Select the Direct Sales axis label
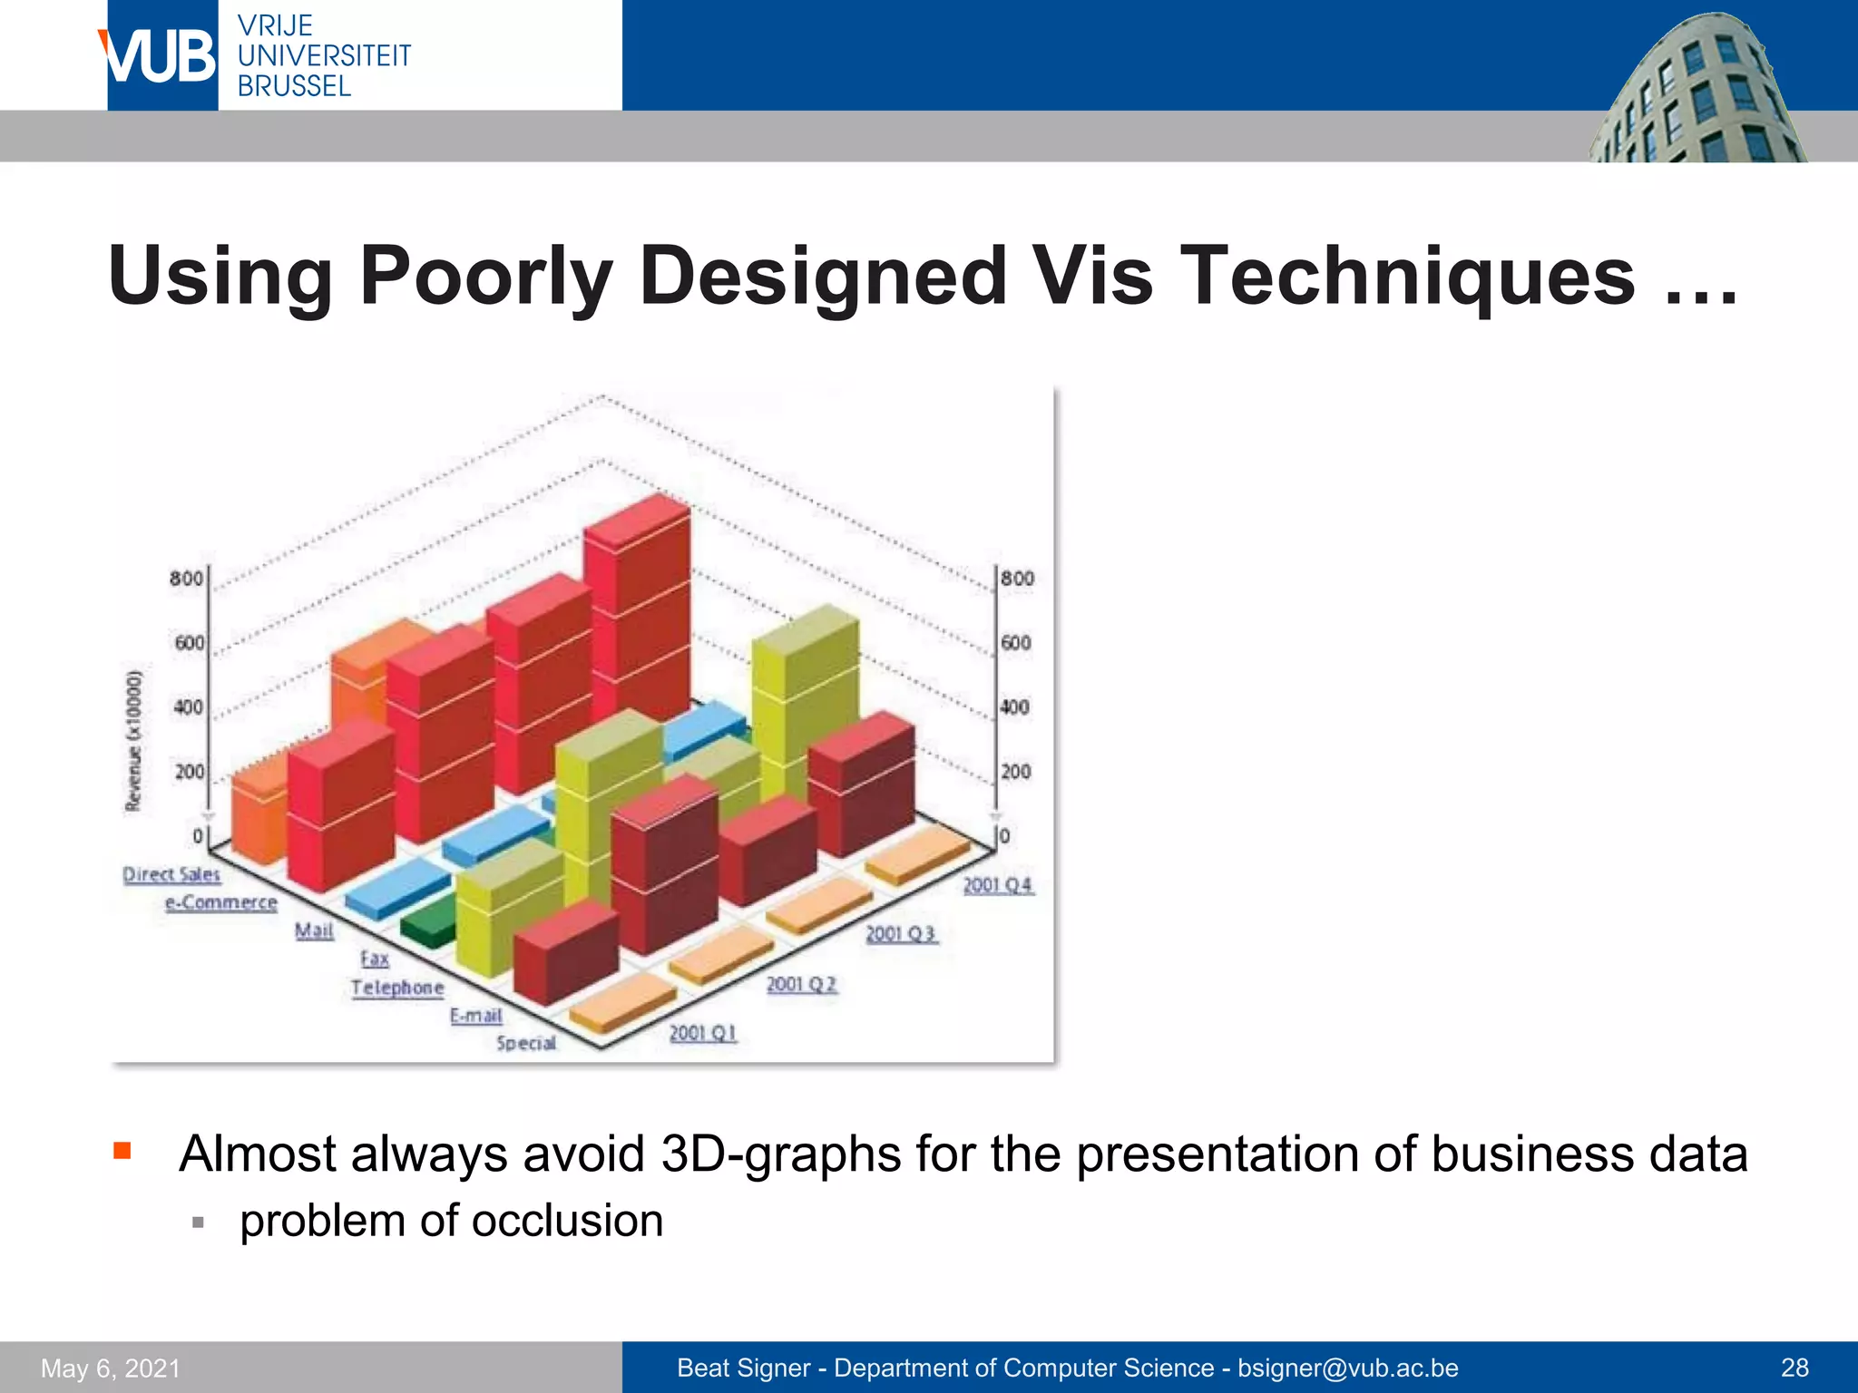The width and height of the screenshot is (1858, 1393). click(171, 874)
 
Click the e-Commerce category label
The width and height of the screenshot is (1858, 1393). click(221, 902)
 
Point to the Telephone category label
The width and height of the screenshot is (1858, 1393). click(397, 988)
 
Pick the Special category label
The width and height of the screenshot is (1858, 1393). click(526, 1043)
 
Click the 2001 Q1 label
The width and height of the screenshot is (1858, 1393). click(703, 1033)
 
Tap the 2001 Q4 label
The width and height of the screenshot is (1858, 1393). click(997, 885)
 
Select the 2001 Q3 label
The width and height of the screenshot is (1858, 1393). click(900, 934)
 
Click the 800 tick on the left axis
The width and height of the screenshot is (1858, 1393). click(186, 579)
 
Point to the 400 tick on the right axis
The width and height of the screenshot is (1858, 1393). click(1015, 706)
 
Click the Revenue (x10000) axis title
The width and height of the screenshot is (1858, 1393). click(134, 741)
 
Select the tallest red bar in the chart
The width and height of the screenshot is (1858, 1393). click(637, 608)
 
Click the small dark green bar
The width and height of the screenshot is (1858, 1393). click(428, 925)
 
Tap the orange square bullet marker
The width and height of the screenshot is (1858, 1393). click(122, 1152)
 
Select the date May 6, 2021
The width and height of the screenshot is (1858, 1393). click(111, 1368)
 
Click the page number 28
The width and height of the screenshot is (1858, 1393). click(1794, 1368)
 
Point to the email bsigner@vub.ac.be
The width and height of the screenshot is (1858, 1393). click(1348, 1368)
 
